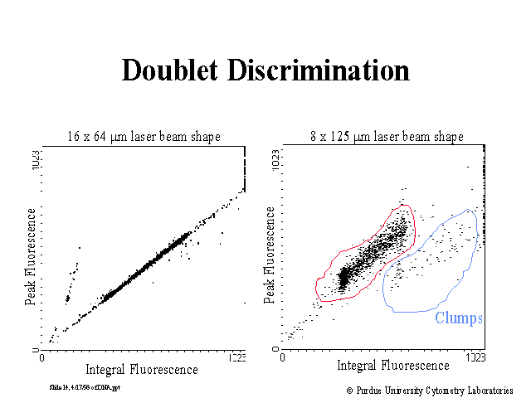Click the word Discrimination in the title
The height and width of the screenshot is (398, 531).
click(329, 70)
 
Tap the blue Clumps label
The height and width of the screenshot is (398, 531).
click(459, 318)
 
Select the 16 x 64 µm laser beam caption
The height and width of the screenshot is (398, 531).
click(144, 137)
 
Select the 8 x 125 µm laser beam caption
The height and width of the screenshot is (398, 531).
click(385, 137)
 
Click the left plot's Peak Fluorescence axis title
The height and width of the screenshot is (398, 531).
click(30, 258)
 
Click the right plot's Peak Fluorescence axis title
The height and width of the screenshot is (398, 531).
click(270, 250)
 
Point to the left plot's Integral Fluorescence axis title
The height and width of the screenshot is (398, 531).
click(142, 369)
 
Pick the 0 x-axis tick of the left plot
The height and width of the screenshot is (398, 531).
click(41, 358)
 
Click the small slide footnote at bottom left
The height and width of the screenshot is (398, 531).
click(85, 387)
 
